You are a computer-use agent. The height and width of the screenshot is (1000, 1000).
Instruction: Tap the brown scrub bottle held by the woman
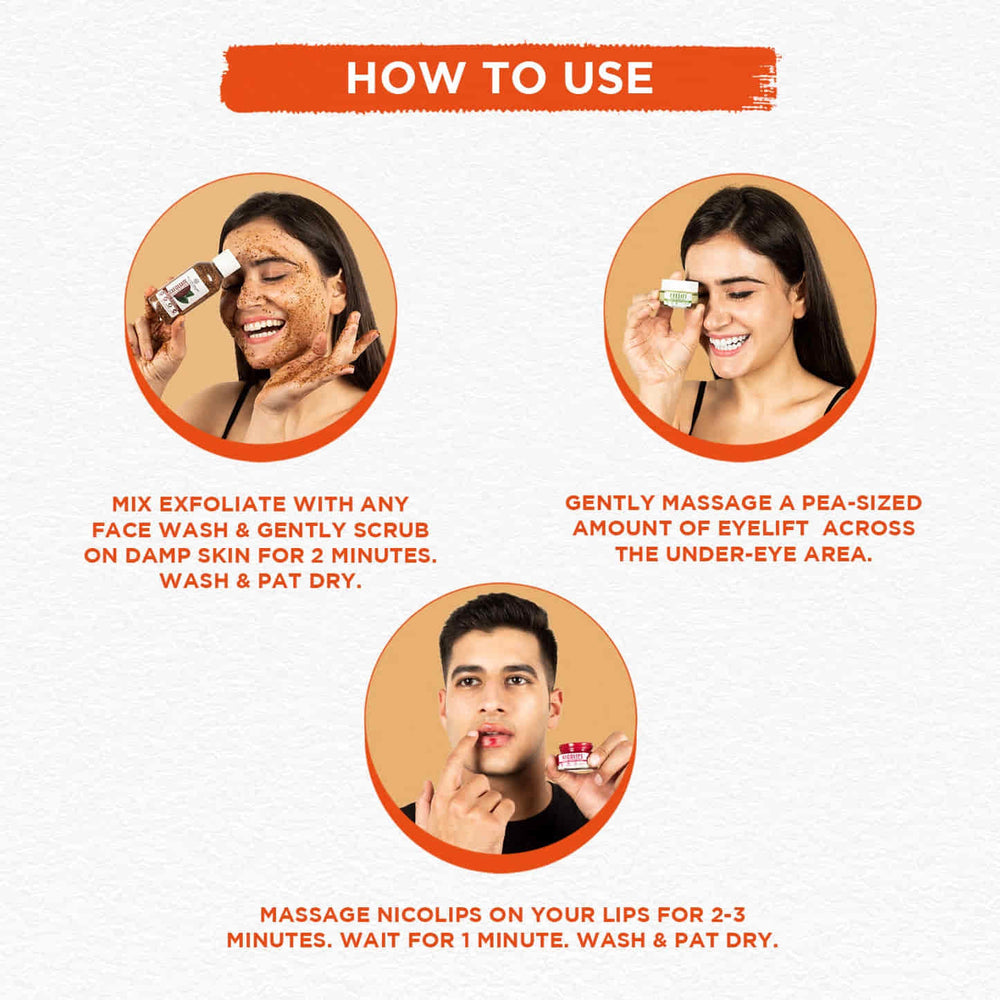click(180, 292)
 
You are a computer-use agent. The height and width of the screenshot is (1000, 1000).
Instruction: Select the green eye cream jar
click(678, 294)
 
